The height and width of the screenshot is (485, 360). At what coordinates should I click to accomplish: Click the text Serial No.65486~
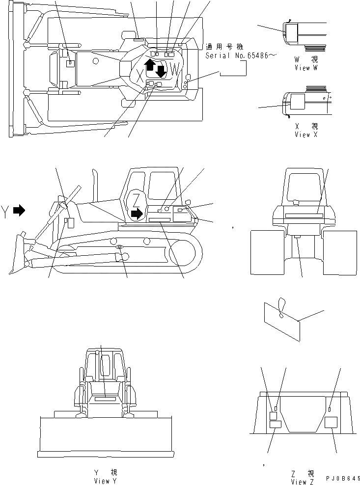[x=237, y=56]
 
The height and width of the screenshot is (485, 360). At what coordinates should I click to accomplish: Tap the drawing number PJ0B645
[x=342, y=478]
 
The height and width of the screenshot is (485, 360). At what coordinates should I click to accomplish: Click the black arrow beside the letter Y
[x=19, y=211]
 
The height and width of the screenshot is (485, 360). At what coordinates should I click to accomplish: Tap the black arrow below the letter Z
[x=137, y=213]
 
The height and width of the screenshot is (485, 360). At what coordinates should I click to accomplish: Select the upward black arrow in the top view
[x=150, y=64]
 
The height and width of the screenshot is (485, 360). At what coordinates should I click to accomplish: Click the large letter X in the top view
[x=140, y=76]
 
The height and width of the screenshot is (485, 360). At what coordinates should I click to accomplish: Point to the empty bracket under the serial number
[x=233, y=72]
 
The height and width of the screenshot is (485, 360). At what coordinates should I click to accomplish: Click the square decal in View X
[x=298, y=102]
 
